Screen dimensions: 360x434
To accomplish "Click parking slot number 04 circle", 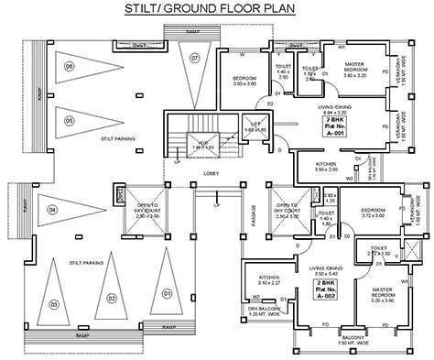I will click(51, 211).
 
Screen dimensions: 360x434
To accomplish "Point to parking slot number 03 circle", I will click(54, 304).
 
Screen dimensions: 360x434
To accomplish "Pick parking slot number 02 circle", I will click(111, 298).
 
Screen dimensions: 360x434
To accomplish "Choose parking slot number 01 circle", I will click(168, 293).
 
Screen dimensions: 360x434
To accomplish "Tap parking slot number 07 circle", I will click(195, 59).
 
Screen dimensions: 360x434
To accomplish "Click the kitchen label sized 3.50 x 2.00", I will click(326, 168).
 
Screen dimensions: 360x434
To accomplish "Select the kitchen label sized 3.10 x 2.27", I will click(268, 279).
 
